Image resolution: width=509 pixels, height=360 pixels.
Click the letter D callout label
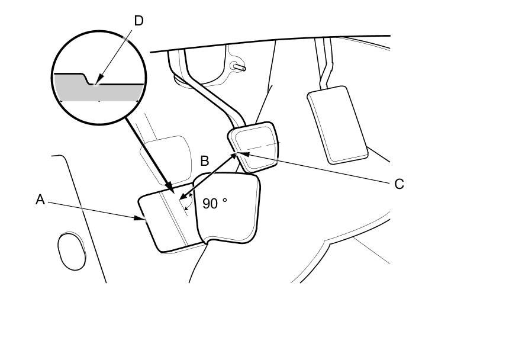[138, 21]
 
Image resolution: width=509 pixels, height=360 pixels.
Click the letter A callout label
[40, 200]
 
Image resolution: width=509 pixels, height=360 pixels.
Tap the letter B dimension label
[205, 161]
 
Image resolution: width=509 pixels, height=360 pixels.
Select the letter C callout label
[399, 184]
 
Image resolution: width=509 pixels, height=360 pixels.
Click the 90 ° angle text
[214, 204]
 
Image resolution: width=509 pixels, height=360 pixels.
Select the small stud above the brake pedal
[240, 67]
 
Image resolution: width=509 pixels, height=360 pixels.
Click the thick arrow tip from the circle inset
[172, 191]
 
